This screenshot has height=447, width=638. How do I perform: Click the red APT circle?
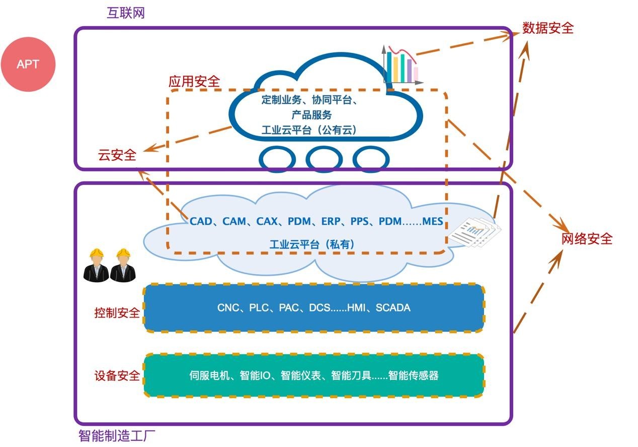tap(28, 64)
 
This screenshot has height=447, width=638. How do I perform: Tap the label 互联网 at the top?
tap(126, 13)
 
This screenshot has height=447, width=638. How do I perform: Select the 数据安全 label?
tap(548, 28)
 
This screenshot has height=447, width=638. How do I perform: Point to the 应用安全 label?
tap(194, 81)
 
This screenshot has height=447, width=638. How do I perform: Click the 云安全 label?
tap(117, 155)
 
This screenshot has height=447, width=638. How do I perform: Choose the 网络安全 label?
tap(587, 238)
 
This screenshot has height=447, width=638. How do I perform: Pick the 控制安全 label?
tap(117, 313)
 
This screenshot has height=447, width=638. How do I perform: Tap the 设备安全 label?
tap(117, 375)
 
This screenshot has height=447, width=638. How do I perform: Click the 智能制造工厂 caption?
tap(121, 436)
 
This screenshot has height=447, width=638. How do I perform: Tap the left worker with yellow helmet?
tap(96, 265)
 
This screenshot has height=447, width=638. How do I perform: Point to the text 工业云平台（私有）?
tap(312, 244)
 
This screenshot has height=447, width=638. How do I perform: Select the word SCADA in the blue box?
tap(393, 307)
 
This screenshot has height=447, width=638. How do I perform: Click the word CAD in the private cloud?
tap(201, 221)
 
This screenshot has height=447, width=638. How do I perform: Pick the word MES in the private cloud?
tap(433, 221)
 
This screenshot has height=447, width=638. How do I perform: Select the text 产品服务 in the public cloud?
tap(312, 115)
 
